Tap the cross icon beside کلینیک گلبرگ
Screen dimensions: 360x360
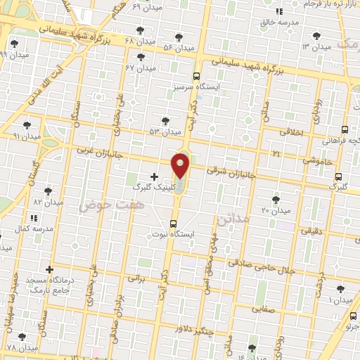point(154,175)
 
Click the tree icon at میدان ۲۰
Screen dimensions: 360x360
point(276,199)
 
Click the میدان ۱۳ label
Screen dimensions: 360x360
point(316,46)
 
